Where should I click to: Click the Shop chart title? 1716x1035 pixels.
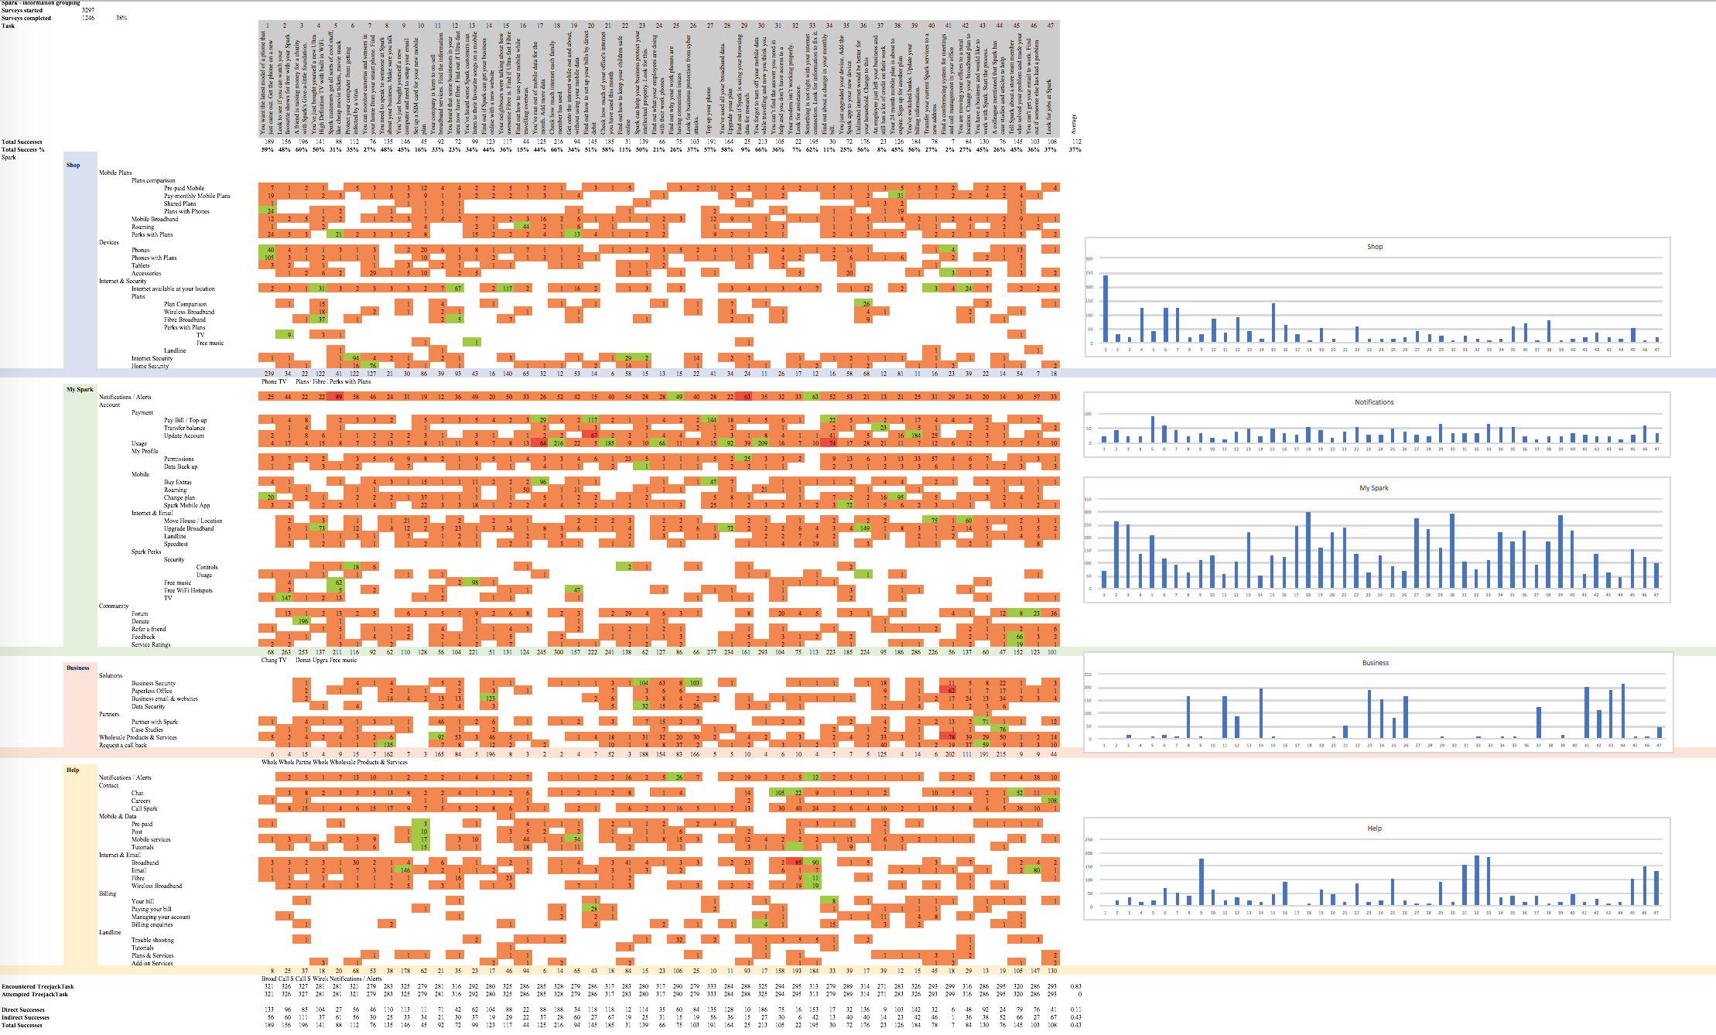tap(1374, 247)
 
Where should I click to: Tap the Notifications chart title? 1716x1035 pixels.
tap(1373, 402)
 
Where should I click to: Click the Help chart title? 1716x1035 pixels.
tap(1373, 828)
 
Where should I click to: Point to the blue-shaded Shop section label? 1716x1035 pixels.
tap(73, 165)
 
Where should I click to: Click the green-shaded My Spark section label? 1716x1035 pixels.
tap(79, 390)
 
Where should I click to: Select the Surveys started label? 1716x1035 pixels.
tap(22, 11)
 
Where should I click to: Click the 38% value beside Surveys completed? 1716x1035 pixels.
tap(121, 18)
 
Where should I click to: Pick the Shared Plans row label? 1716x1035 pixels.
tap(179, 203)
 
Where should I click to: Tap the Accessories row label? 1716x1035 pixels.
tap(146, 273)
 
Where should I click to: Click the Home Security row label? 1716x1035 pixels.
tap(150, 366)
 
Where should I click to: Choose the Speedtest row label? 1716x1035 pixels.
tap(176, 544)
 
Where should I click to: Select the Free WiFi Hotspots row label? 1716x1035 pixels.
tap(188, 590)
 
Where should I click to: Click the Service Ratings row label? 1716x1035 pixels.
tap(151, 644)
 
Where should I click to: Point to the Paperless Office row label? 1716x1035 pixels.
tap(152, 691)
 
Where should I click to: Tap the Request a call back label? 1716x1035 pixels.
tap(123, 745)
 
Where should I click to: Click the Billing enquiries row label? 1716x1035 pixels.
tap(152, 924)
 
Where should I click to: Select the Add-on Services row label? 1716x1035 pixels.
tap(152, 963)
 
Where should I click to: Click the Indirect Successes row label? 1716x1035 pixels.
tap(26, 1017)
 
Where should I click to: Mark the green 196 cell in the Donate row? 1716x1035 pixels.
tap(303, 621)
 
